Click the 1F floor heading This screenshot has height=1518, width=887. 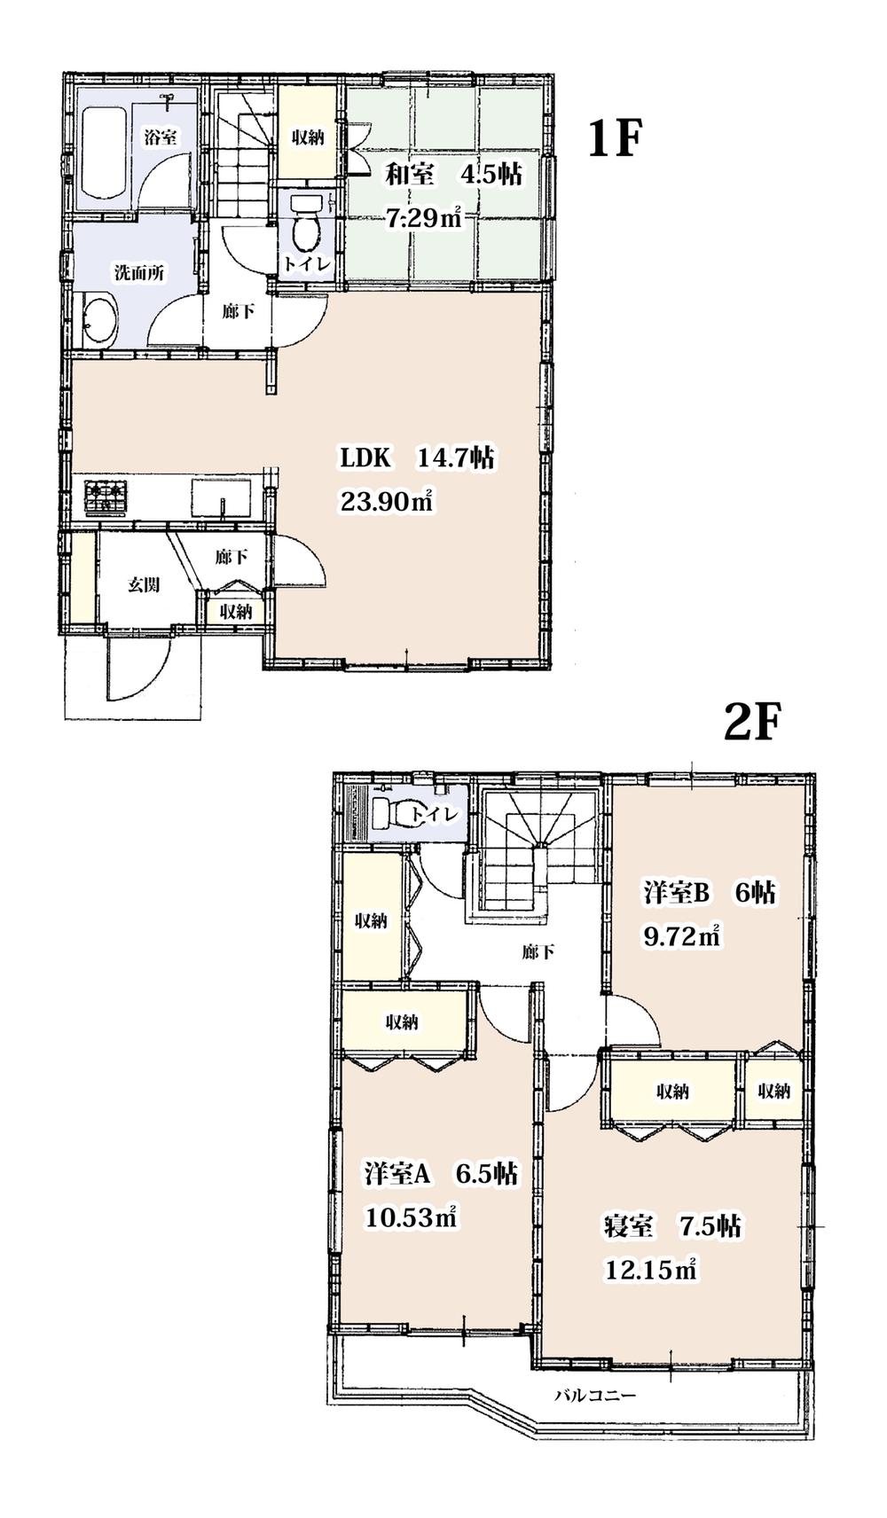pyautogui.click(x=614, y=139)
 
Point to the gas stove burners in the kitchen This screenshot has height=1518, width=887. pyautogui.click(x=106, y=497)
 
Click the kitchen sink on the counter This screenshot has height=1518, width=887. pyautogui.click(x=219, y=497)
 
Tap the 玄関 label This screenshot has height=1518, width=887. pyautogui.click(x=143, y=585)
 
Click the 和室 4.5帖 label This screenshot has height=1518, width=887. pyautogui.click(x=451, y=175)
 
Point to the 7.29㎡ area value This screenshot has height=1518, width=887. pyautogui.click(x=424, y=218)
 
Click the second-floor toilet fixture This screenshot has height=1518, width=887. pyautogui.click(x=396, y=813)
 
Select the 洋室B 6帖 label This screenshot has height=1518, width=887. pyautogui.click(x=709, y=893)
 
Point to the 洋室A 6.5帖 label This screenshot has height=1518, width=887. pyautogui.click(x=441, y=1174)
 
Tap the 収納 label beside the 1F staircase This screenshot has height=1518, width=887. pyautogui.click(x=308, y=137)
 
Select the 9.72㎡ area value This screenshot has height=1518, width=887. pyautogui.click(x=680, y=936)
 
